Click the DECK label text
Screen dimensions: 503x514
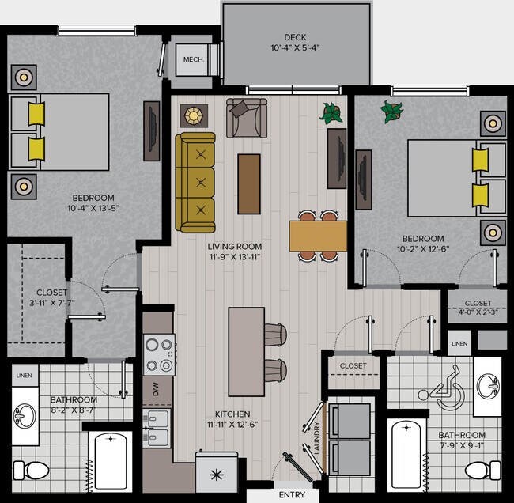pos(296,37)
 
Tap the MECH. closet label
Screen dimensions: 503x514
pos(194,60)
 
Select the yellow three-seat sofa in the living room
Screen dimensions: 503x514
pos(195,183)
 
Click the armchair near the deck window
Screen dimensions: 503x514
pos(247,118)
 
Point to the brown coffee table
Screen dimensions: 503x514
pos(249,183)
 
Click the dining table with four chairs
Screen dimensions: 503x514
pos(318,235)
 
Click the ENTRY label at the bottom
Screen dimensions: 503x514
pos(292,495)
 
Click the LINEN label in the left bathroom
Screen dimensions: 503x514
pos(24,375)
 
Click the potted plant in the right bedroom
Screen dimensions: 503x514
pos(391,112)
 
